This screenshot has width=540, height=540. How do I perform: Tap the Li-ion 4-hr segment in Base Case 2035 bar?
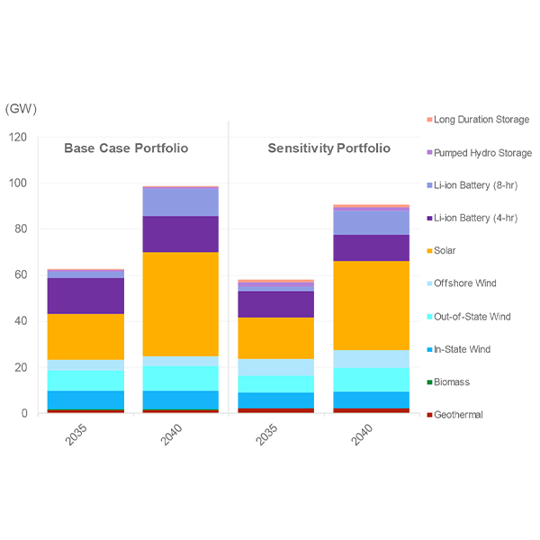(x=86, y=295)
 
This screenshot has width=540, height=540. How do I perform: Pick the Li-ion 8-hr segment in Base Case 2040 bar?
(x=180, y=202)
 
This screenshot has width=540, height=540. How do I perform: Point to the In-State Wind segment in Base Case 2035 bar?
(x=86, y=400)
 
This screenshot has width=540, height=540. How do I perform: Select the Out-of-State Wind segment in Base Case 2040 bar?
(x=180, y=378)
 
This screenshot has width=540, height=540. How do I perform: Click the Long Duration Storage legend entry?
(x=481, y=120)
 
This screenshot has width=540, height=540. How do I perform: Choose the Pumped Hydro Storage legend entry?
(x=481, y=153)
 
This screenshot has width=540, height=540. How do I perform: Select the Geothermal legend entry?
(x=459, y=415)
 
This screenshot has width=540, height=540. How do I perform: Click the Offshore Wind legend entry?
(x=464, y=283)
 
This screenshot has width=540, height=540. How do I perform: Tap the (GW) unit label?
(x=21, y=109)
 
